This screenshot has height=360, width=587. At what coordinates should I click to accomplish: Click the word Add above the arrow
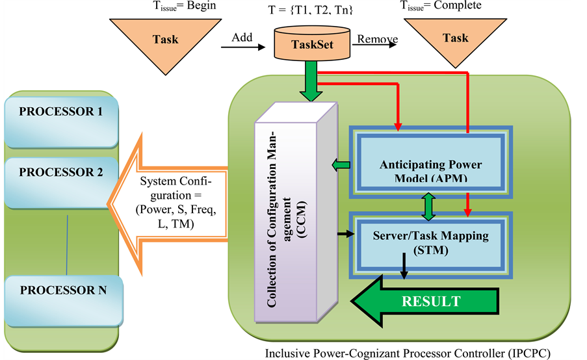[242, 38]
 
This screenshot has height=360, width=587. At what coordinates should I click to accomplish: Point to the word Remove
[377, 39]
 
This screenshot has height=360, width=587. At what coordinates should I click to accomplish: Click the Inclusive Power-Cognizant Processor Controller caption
[416, 354]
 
